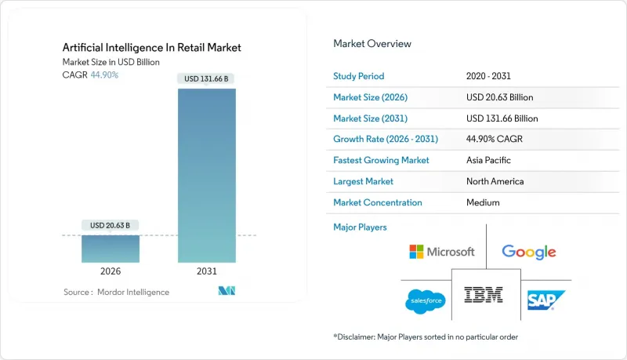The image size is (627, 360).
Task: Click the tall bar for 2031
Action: click(x=207, y=174)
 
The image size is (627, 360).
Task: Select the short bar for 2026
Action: click(x=111, y=248)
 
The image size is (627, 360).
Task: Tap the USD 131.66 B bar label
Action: click(x=207, y=78)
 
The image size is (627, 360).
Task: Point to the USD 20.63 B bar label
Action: click(x=111, y=226)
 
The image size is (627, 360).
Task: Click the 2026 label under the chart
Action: click(x=111, y=271)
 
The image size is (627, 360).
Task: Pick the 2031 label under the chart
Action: click(x=207, y=271)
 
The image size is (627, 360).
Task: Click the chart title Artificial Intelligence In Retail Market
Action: click(x=152, y=48)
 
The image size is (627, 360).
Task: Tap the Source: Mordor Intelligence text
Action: click(x=116, y=292)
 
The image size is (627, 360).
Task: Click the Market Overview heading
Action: click(x=371, y=44)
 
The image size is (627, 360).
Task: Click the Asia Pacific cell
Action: click(x=489, y=160)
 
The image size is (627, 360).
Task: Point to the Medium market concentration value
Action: click(x=482, y=202)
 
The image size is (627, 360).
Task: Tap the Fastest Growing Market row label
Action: click(x=381, y=160)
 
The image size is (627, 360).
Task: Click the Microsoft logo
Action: click(x=442, y=252)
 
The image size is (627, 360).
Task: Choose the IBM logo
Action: click(x=484, y=295)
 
